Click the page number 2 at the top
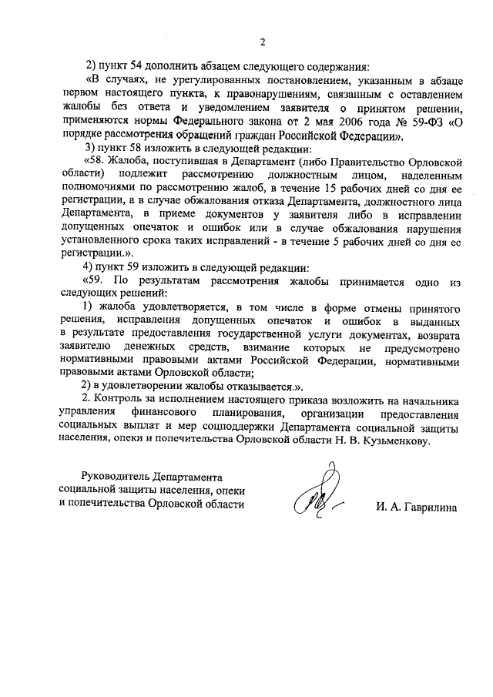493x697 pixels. click(263, 41)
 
